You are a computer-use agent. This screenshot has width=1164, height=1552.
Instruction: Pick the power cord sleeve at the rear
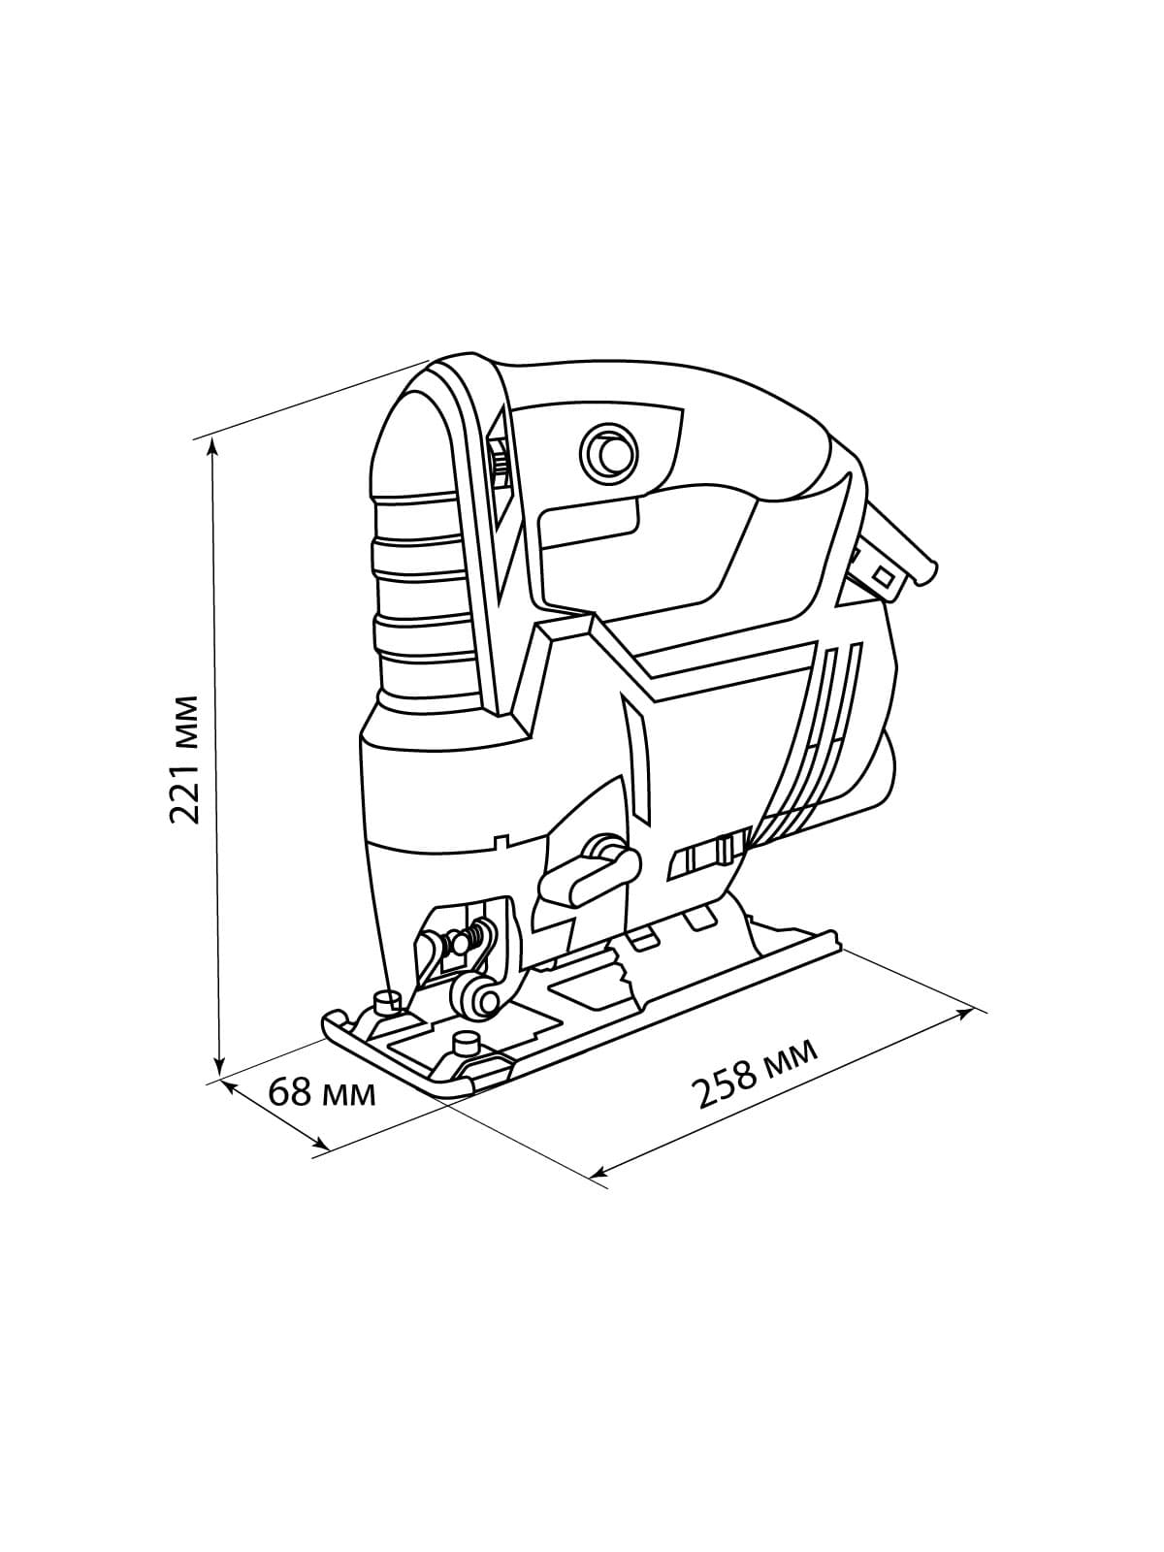click(892, 563)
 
